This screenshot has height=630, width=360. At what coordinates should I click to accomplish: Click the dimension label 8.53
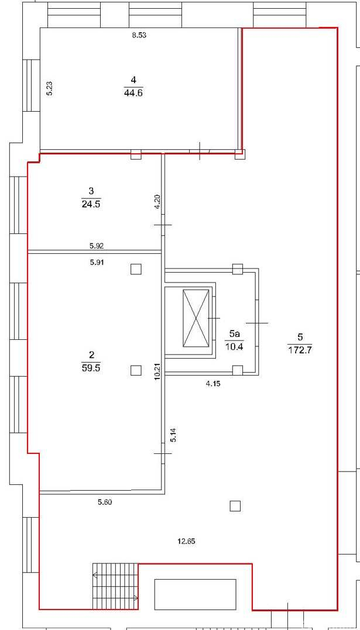(x=139, y=35)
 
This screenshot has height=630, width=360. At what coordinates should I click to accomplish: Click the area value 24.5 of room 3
(x=91, y=204)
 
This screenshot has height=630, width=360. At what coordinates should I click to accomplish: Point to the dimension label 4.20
(x=157, y=201)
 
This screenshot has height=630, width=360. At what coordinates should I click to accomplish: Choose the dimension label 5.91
(x=97, y=263)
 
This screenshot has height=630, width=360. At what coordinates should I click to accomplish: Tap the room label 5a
(x=234, y=333)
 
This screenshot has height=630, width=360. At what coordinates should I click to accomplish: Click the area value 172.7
(x=300, y=350)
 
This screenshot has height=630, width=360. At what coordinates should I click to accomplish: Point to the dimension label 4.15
(x=213, y=384)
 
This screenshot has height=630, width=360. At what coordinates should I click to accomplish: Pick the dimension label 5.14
(x=173, y=436)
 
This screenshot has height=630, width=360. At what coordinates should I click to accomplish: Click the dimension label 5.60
(x=105, y=501)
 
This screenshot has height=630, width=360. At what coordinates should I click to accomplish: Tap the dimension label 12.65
(x=186, y=541)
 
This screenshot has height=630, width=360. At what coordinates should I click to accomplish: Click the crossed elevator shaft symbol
(x=196, y=318)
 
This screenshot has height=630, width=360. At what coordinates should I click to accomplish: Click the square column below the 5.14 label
(x=235, y=506)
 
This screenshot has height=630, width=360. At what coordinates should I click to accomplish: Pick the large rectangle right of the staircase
(x=195, y=594)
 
